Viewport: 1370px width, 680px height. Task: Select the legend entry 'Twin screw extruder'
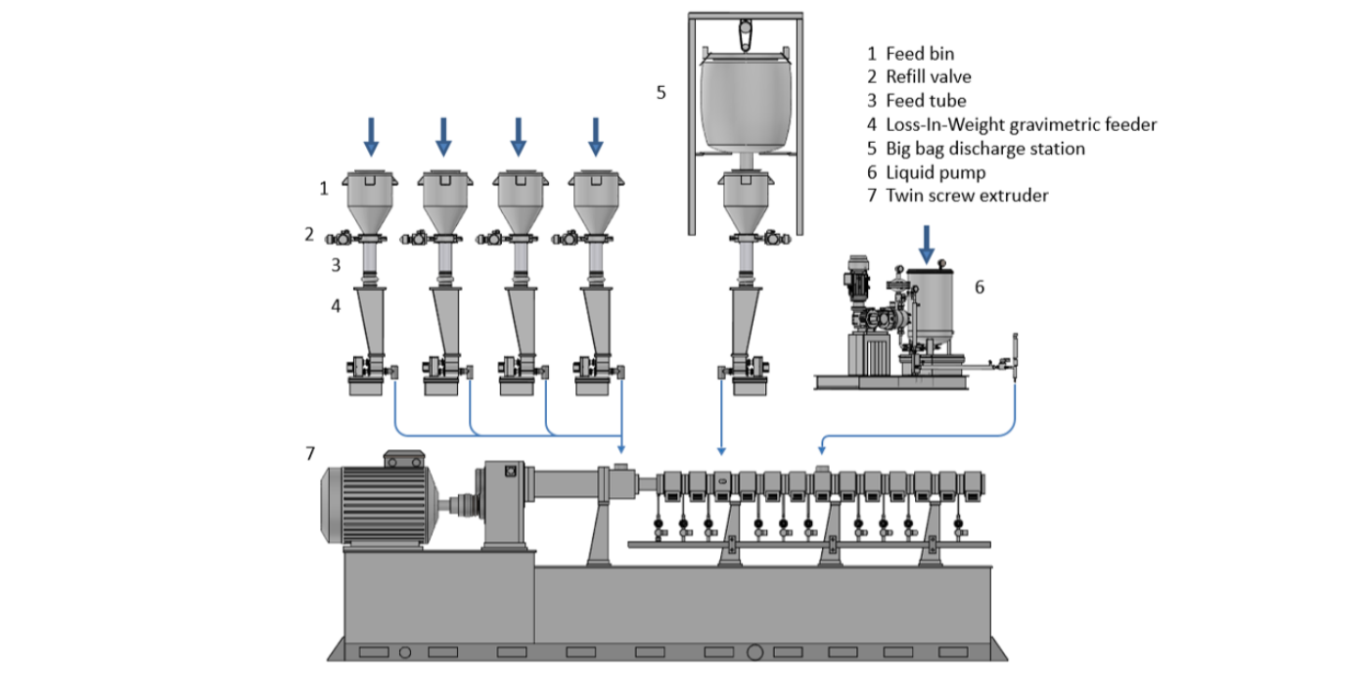tap(967, 196)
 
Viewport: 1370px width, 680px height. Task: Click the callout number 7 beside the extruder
tap(310, 453)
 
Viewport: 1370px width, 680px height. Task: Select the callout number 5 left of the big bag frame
tap(661, 93)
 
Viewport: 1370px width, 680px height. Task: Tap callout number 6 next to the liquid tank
tap(979, 288)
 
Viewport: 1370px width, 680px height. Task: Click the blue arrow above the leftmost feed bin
tap(370, 136)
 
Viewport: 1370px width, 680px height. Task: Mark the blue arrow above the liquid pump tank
tap(926, 243)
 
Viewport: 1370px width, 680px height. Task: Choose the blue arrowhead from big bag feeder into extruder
tap(721, 451)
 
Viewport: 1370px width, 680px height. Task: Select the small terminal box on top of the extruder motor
tap(403, 459)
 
